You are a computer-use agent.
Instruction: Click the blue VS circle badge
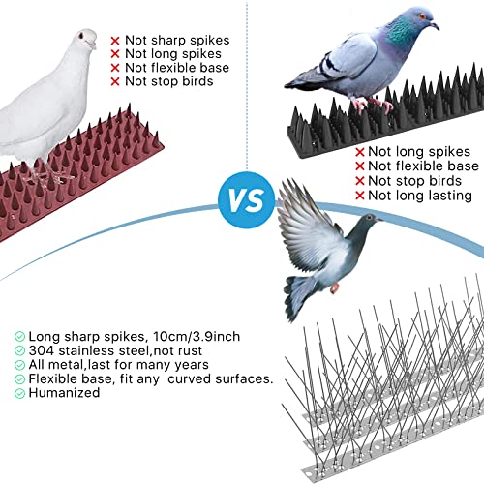pos(247,200)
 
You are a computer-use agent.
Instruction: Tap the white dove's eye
pos(81,35)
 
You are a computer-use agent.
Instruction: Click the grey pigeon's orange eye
pos(422,16)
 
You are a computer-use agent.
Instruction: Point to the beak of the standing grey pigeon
pos(435,25)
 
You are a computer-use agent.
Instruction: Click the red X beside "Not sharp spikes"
pos(115,41)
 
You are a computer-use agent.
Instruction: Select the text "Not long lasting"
pos(420,196)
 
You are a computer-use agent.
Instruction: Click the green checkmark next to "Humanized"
pos(19,393)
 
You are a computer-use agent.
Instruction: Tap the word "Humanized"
pos(64,393)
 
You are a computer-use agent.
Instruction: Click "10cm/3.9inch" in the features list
pos(197,336)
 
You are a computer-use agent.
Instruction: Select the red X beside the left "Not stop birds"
pos(115,82)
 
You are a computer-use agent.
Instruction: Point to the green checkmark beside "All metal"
pos(19,365)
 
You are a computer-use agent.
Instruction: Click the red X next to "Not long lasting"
pos(360,196)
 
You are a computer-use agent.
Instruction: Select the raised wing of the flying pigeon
pos(307,226)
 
